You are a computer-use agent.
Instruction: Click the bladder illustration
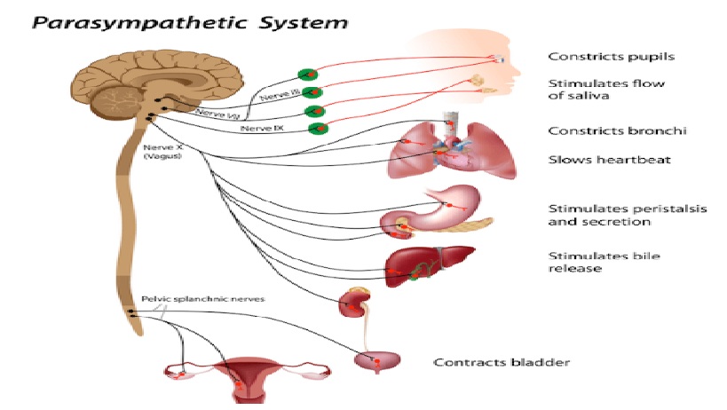377,362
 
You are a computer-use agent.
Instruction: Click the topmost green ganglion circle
310,74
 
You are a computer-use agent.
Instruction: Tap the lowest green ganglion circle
316,129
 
